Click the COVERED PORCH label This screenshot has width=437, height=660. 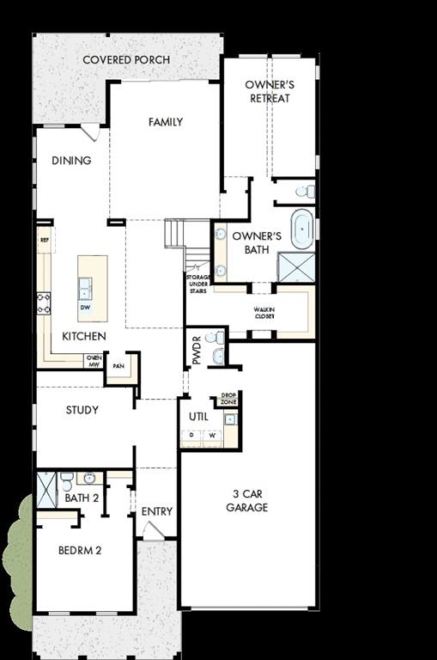click(x=126, y=59)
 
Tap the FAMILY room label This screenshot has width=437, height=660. click(x=165, y=122)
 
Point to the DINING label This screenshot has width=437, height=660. click(x=70, y=160)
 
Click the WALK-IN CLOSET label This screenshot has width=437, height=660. click(x=264, y=313)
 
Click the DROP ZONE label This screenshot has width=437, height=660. click(x=228, y=399)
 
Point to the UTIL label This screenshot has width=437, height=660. click(x=198, y=417)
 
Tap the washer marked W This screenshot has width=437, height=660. click(x=211, y=435)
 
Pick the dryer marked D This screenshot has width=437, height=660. click(x=191, y=435)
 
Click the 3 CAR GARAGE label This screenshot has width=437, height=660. click(x=247, y=500)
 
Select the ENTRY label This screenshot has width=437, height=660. click(x=157, y=511)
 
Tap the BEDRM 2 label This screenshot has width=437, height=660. click(x=80, y=550)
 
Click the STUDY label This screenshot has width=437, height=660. click(x=82, y=410)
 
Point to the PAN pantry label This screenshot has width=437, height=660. click(x=118, y=365)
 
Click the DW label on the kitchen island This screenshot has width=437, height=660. click(x=85, y=307)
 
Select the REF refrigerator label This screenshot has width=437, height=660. click(x=44, y=241)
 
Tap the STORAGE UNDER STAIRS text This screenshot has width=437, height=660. click(x=197, y=284)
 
